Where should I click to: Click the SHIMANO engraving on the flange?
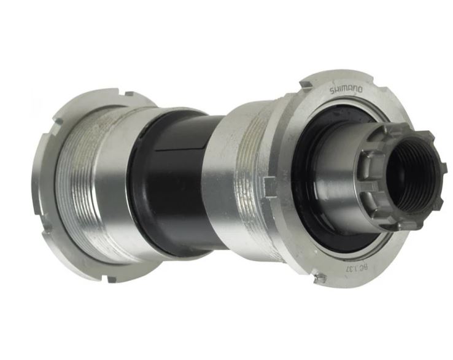346,90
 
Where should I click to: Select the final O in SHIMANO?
360,90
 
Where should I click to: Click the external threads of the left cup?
80,184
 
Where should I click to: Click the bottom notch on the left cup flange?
110,280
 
